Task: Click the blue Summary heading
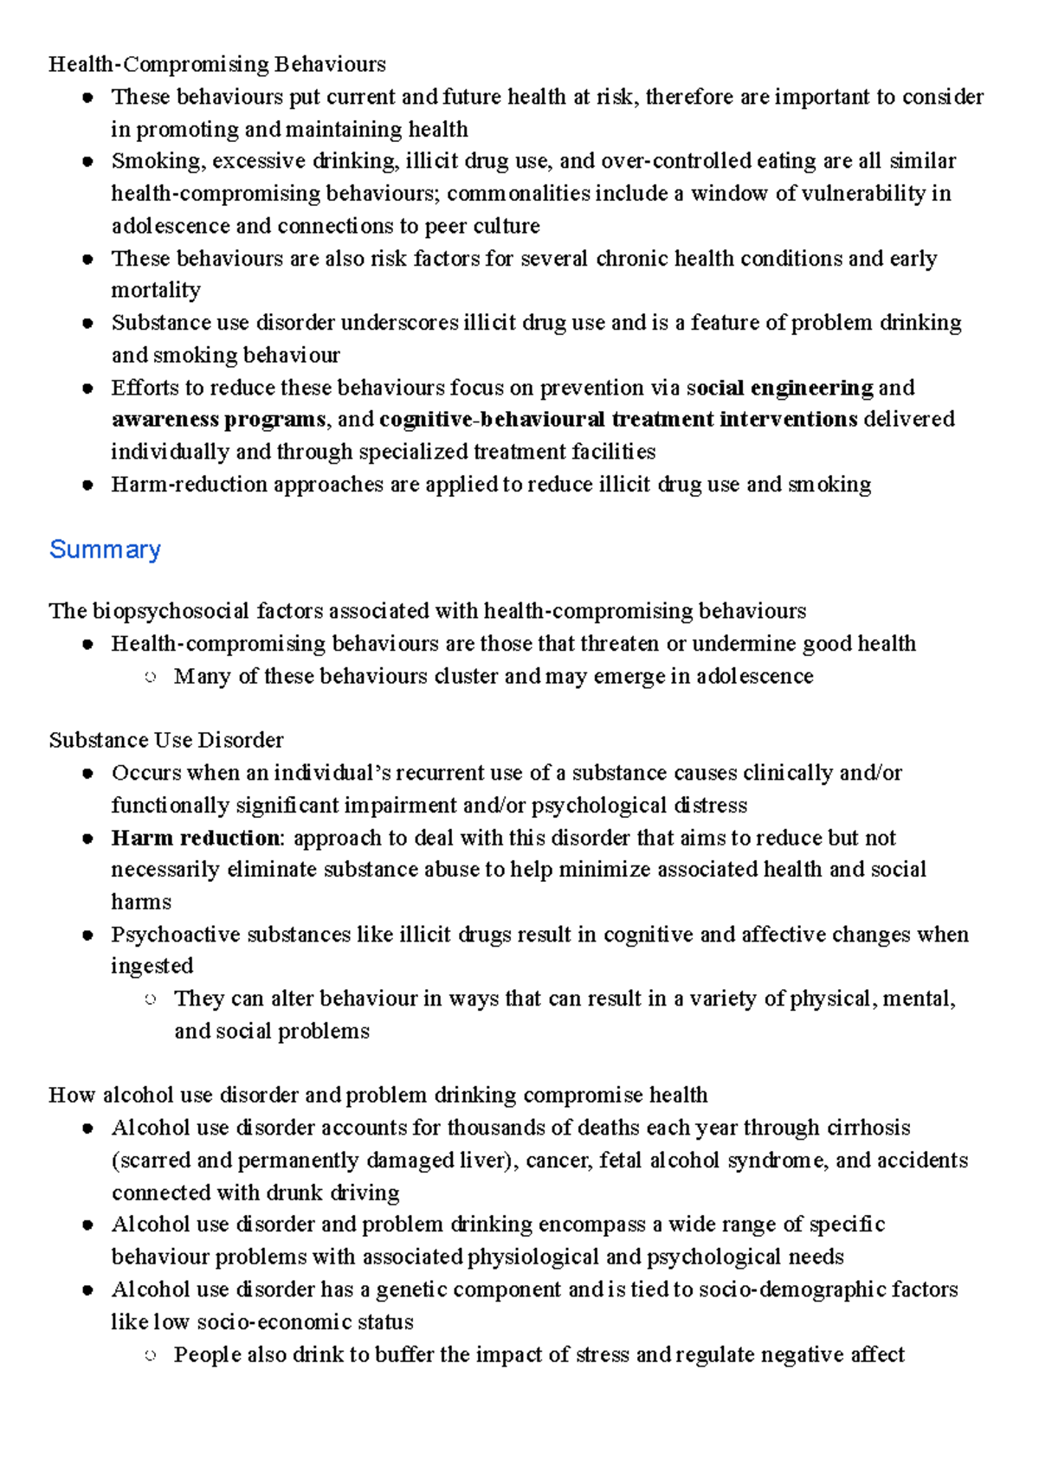point(105,550)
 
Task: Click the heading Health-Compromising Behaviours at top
point(216,64)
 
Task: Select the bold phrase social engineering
point(779,388)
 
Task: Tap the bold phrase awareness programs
point(218,420)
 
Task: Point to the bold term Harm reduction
point(196,838)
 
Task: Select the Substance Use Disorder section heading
point(165,740)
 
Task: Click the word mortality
point(156,290)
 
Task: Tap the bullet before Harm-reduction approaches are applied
point(87,485)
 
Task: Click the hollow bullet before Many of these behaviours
point(150,678)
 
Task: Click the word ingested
point(152,966)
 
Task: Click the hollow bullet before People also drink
point(150,1356)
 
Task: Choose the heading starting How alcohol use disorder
point(378,1095)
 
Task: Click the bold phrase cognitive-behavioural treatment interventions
point(618,420)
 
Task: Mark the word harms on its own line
point(141,902)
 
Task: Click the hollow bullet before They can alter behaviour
point(150,1000)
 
